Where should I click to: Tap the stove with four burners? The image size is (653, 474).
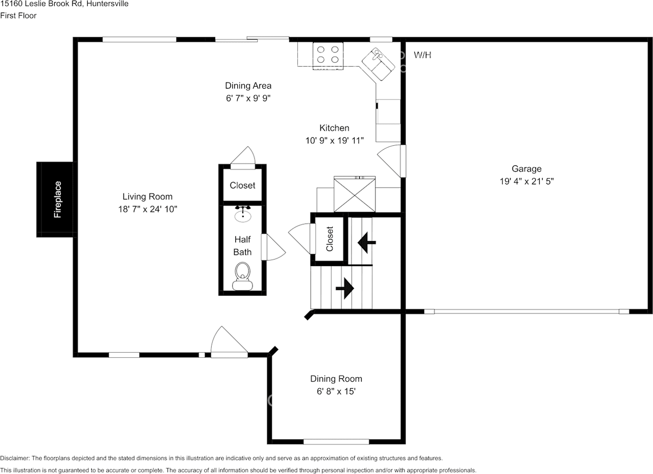coord(328,55)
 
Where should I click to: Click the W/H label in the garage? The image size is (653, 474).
coord(422,55)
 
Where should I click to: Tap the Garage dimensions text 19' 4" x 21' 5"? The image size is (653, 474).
coord(526,181)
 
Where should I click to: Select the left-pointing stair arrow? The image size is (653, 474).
coord(367,243)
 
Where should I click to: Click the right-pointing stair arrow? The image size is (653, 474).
coord(345,288)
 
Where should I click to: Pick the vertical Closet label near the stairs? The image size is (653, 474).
coord(330,239)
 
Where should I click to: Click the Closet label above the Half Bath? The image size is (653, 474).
coord(242,186)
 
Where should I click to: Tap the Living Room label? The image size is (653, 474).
coord(147,196)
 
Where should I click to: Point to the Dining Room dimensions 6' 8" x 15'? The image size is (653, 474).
coord(336,391)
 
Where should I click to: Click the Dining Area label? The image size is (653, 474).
coord(248,86)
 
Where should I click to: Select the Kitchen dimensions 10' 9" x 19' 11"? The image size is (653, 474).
coord(334,141)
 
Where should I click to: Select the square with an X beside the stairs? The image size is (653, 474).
coord(355,194)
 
